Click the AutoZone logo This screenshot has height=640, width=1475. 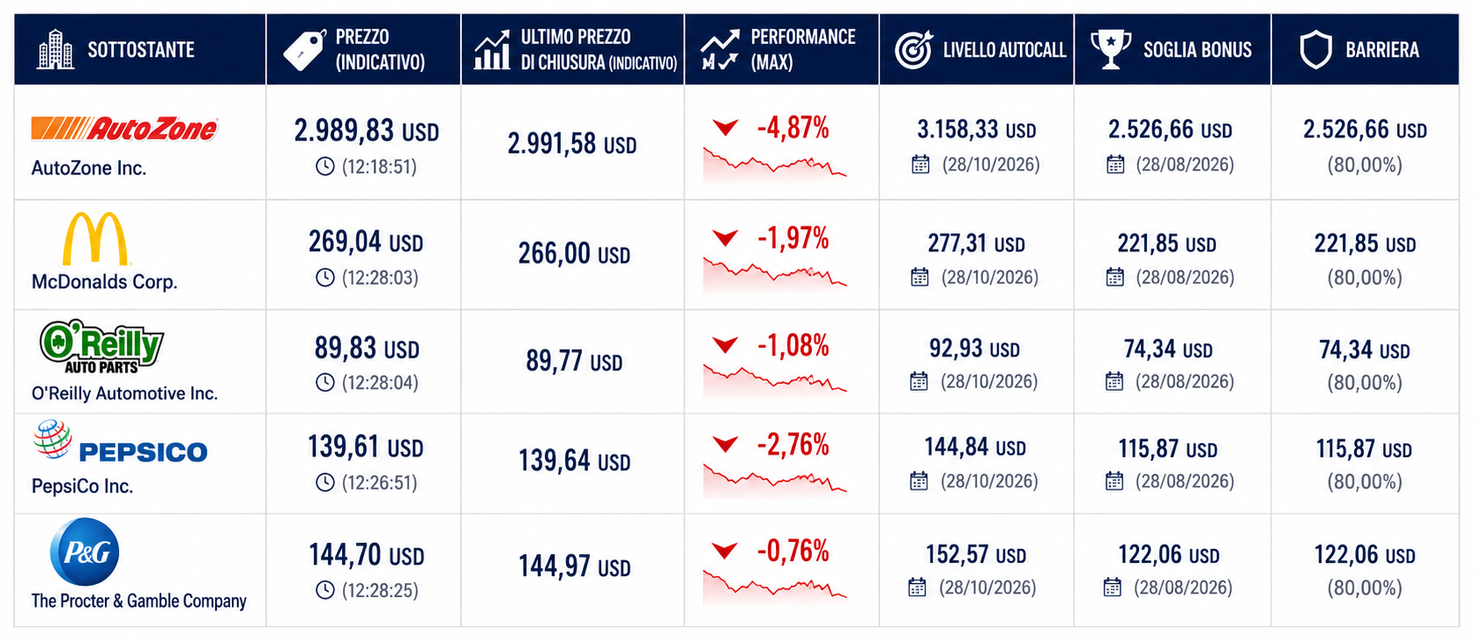pos(124,129)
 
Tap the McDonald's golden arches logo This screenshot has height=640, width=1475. pos(94,238)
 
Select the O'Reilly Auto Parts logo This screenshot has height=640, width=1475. pos(101,346)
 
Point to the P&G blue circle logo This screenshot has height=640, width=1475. pos(85,551)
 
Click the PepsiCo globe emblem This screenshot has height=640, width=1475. pos(52,439)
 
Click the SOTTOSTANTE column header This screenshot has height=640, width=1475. pos(141,50)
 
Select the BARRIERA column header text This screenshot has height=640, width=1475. pos(1382,50)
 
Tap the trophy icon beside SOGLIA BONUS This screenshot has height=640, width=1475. pos(1111,49)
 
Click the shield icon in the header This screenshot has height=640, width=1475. pos(1316,49)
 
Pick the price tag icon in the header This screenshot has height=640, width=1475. pos(304,50)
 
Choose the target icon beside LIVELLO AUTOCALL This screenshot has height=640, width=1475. pos(914,49)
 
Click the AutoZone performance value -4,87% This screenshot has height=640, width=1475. pos(793,128)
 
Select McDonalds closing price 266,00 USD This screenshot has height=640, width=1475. pos(574,254)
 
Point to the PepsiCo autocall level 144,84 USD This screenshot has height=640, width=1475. pos(975,448)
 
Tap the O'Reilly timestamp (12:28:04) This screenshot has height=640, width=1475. pos(380,382)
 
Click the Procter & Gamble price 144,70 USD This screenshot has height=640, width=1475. pos(367,555)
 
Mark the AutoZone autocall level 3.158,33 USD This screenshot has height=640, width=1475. pos(976,129)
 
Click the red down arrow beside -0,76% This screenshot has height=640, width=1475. pos(725,551)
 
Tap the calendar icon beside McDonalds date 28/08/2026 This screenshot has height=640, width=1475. pos(1115,277)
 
